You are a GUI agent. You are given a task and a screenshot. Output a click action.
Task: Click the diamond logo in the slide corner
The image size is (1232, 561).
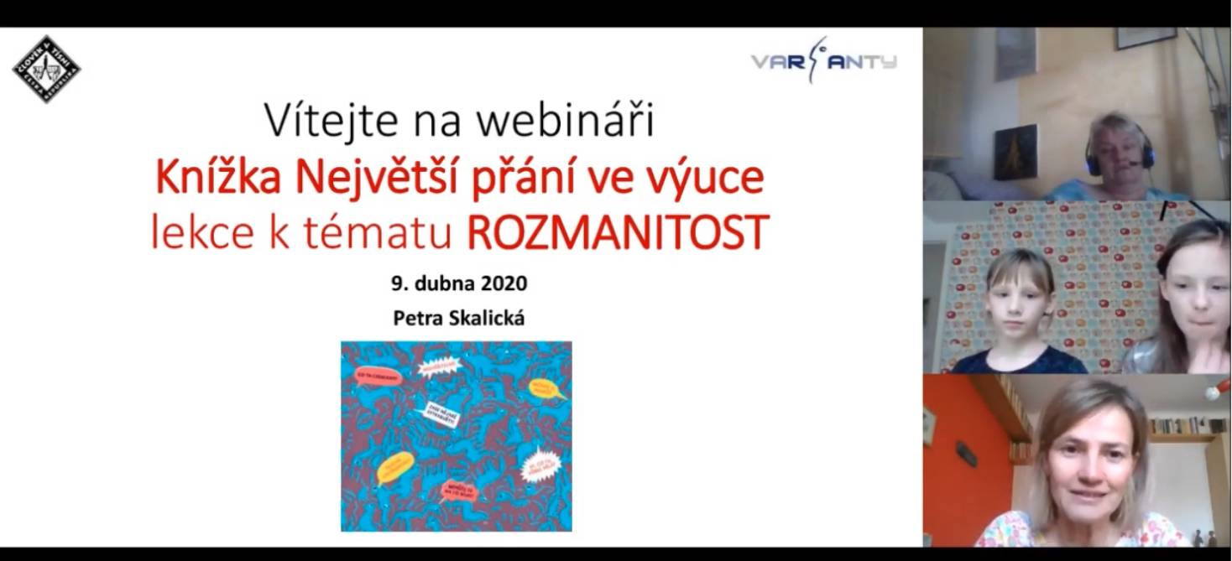46,69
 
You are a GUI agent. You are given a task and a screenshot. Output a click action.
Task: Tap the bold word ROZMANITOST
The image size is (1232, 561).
617,234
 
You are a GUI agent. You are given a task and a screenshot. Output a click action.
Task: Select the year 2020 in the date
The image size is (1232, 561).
504,283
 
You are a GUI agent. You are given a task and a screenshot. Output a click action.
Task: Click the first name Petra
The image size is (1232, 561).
416,319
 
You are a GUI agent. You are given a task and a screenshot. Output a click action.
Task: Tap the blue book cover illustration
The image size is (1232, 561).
456,435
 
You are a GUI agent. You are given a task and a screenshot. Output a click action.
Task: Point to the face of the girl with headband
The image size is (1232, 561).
1195,293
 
